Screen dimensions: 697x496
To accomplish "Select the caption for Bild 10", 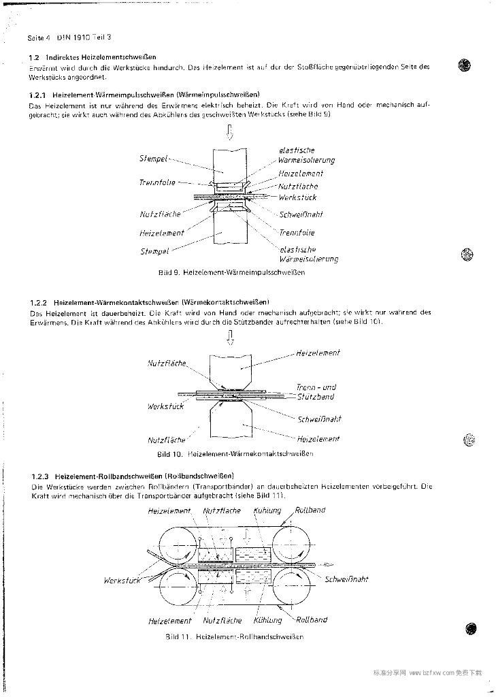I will (235, 454).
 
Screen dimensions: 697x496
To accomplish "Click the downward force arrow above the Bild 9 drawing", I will (229, 133).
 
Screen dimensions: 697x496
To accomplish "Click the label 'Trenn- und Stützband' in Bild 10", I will (315, 392).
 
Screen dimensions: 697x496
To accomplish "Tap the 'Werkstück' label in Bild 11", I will (122, 581).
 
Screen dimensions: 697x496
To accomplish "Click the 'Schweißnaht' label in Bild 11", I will (347, 579).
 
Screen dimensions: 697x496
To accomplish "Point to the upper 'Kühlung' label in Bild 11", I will (267, 510).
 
